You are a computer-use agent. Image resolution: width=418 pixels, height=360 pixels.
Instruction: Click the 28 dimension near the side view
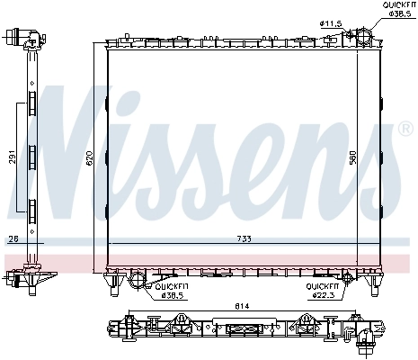click(12, 238)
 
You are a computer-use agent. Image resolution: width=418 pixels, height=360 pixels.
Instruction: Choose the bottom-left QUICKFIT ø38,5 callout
click(173, 290)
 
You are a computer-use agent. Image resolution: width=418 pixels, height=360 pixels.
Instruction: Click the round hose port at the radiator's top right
click(360, 36)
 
